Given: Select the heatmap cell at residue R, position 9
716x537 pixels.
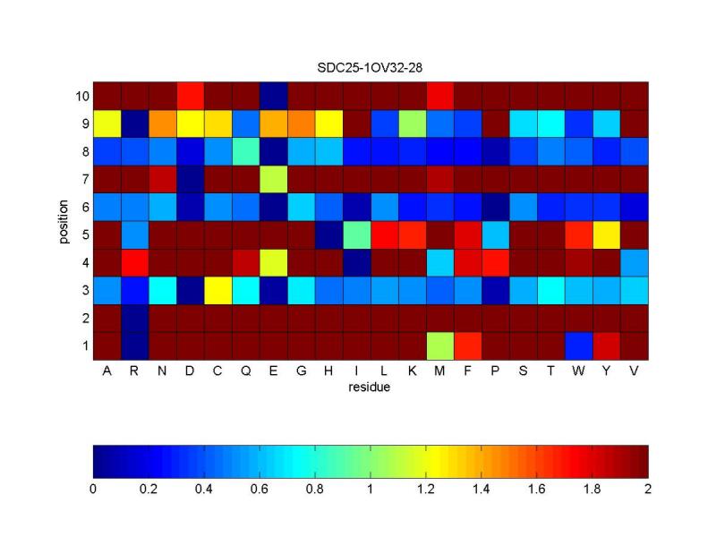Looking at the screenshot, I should [x=135, y=123].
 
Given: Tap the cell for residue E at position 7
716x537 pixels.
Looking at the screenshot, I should [x=274, y=178].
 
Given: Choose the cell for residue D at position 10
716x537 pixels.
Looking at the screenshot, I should [x=191, y=95].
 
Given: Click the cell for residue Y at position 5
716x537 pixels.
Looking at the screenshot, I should [x=607, y=234].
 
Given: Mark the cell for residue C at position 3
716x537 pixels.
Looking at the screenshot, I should [x=218, y=289].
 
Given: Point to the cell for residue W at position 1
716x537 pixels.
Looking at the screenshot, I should [x=579, y=345].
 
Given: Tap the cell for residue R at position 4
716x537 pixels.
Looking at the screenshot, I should [x=135, y=261].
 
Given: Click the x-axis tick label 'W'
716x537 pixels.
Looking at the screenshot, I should [x=579, y=371].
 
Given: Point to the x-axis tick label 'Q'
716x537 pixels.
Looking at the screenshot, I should [x=246, y=371].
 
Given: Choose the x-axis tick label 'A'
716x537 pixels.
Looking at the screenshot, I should [x=107, y=371].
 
